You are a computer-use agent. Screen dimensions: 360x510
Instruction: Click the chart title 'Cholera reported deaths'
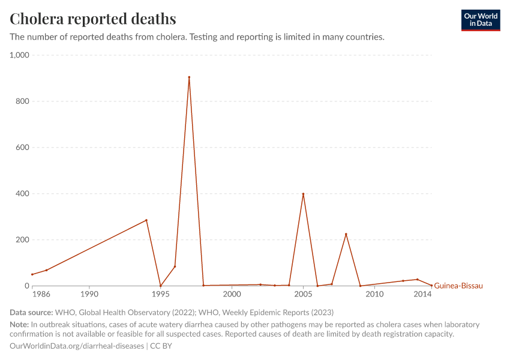click(93, 19)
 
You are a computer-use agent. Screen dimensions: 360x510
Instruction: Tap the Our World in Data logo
click(480, 20)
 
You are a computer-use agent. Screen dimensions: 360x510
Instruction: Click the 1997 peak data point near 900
click(189, 77)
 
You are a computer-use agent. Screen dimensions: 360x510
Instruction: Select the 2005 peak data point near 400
click(303, 194)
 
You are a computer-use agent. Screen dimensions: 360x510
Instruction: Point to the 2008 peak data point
click(346, 234)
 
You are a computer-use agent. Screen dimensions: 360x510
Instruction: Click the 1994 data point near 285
click(146, 220)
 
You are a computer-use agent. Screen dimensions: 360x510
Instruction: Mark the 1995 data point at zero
click(160, 286)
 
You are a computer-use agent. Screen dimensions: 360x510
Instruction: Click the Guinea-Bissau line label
click(458, 286)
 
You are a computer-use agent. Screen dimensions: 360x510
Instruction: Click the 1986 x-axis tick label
click(41, 295)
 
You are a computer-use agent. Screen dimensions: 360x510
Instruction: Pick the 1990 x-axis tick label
click(89, 295)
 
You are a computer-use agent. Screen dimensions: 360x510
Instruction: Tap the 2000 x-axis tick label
click(232, 295)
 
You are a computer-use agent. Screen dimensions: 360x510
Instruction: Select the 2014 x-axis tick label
click(423, 295)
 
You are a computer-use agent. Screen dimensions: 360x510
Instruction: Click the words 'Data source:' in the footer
click(31, 313)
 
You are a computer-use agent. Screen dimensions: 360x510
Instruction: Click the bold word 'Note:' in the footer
click(20, 325)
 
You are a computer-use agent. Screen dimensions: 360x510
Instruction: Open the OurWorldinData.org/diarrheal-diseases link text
click(77, 346)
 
